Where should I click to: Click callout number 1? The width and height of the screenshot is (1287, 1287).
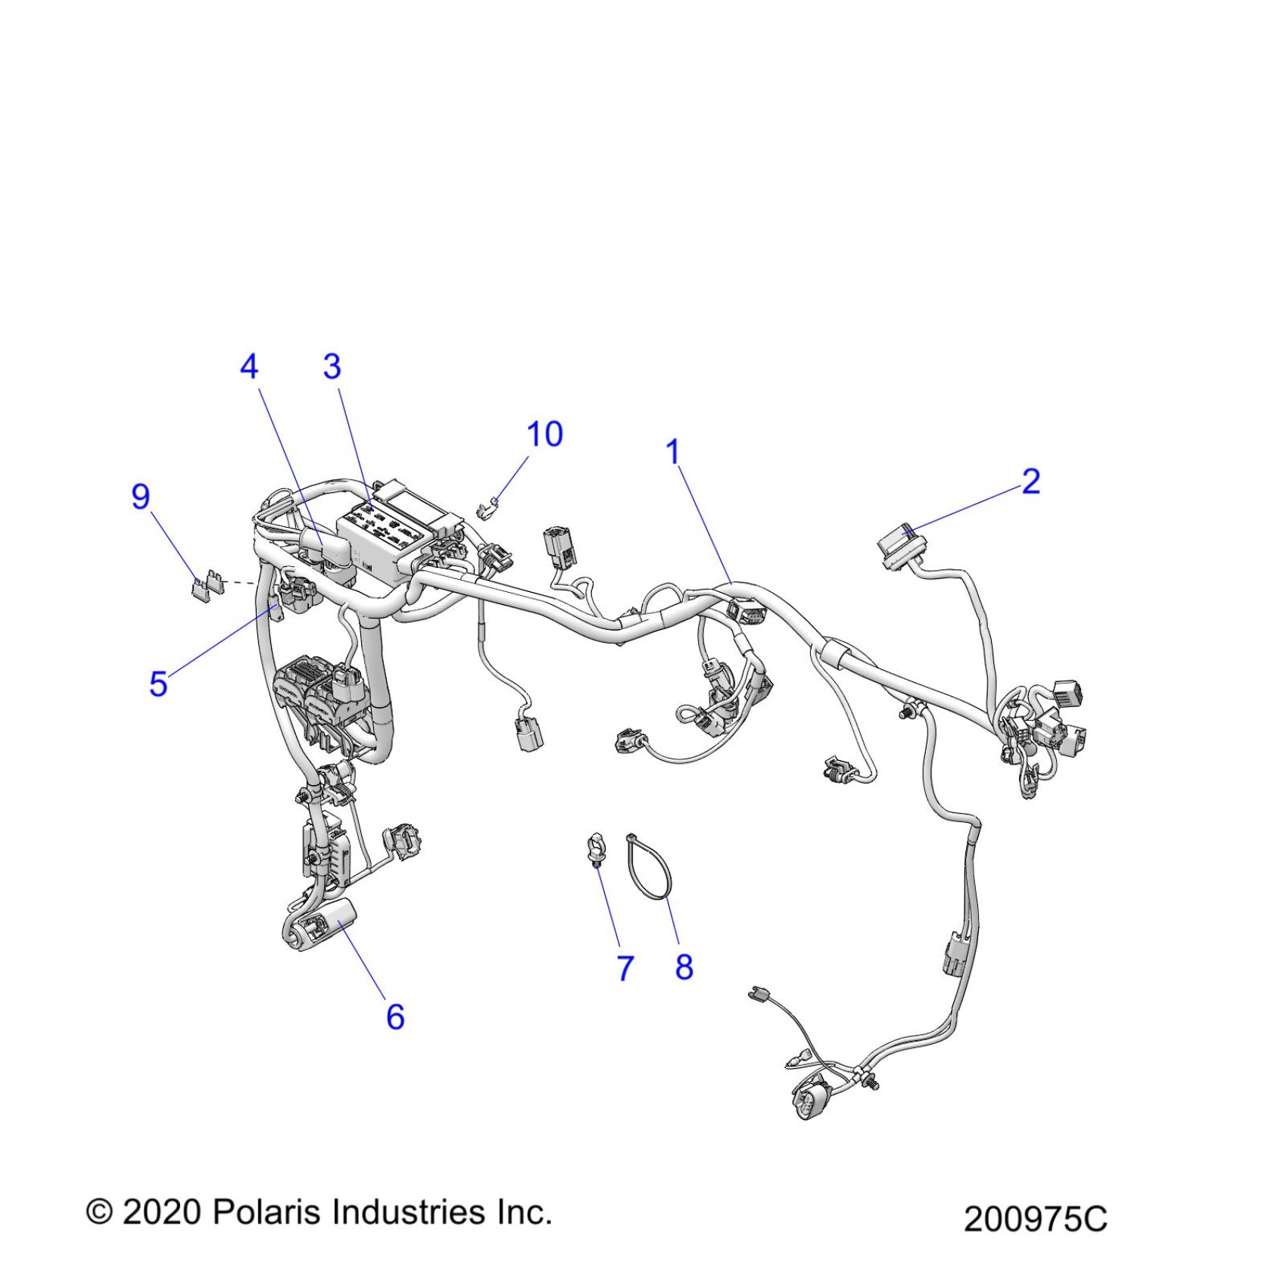coord(673,453)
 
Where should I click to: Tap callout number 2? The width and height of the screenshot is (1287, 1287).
coord(1031,481)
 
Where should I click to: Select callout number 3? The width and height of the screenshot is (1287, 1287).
coord(332,367)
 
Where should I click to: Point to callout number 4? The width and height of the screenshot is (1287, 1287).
coord(249,367)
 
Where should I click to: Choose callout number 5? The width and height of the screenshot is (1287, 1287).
coord(158,684)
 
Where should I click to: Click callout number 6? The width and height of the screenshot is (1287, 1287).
coord(395,1017)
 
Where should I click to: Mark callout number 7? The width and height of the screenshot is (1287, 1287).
coord(625,968)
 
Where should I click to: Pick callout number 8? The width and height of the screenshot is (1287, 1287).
coord(684,967)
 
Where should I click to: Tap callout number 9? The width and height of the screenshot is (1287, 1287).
coord(141,497)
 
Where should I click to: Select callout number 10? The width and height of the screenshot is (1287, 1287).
coord(545,435)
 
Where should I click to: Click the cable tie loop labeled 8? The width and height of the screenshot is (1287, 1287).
coord(650,867)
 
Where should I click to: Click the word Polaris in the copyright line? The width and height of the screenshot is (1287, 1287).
coord(269,1213)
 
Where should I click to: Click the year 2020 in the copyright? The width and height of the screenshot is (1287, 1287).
coord(161,1213)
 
